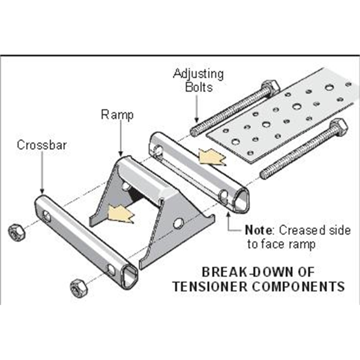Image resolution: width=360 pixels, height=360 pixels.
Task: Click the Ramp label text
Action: click(117, 115)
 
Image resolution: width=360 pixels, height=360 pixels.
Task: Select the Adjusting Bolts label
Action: click(198, 80)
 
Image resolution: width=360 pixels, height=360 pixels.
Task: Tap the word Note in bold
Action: click(258, 230)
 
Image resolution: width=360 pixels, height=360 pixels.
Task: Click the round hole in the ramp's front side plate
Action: click(178, 222)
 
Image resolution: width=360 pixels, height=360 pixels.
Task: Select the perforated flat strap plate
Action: click(279, 117)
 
